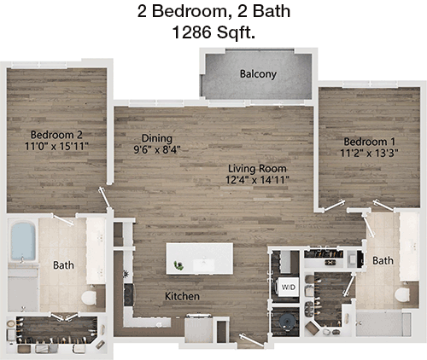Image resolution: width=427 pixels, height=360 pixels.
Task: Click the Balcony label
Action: pos(258,74)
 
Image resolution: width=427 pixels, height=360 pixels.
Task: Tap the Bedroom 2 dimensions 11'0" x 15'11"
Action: pos(56,147)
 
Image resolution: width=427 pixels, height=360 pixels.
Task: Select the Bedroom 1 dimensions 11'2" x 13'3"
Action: pos(369,154)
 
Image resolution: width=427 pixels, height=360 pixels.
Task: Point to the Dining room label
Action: pos(157,138)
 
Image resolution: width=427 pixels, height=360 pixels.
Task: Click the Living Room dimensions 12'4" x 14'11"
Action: pos(257,180)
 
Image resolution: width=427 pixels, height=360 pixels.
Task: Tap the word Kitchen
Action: pos(182,296)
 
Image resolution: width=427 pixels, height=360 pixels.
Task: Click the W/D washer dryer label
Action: pos(289,287)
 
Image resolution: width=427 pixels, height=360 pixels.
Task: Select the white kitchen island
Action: pos(200,258)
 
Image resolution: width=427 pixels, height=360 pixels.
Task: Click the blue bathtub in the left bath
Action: pos(23,241)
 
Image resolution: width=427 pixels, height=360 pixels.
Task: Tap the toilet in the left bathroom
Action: pos(89,297)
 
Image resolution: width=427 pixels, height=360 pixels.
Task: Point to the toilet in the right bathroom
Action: pos(402,294)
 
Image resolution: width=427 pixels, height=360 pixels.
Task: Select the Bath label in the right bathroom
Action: pos(383,260)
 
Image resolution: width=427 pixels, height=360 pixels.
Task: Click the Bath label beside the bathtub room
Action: pos(63,265)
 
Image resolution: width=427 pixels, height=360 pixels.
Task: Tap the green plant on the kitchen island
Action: pos(178,265)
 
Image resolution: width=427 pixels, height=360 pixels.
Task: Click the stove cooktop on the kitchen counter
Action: pos(128,295)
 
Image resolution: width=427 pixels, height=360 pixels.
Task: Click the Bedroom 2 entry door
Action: pos(104,197)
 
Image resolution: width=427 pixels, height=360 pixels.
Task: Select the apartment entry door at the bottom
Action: pos(252,340)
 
